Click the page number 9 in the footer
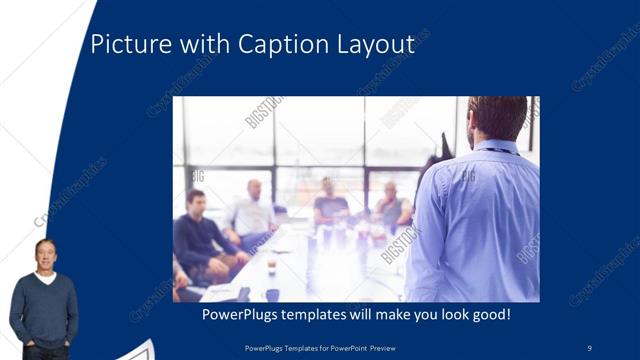[589, 347]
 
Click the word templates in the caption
[327, 315]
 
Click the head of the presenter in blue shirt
[497, 117]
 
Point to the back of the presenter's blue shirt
[478, 220]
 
